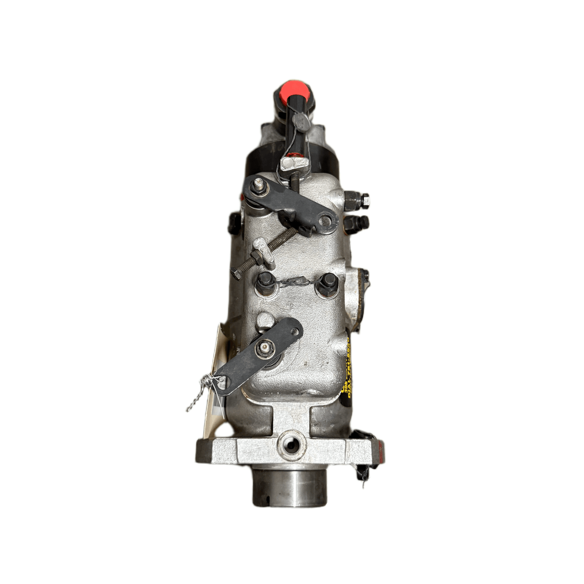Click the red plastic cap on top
(x=293, y=91)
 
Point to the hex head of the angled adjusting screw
(x=237, y=274)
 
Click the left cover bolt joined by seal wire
(x=266, y=281)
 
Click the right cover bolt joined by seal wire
(x=328, y=282)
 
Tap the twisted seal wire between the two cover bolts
(x=297, y=281)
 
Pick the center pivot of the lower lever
(x=264, y=350)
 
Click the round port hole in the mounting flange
(x=291, y=444)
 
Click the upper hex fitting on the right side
(x=357, y=200)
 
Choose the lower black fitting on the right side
(x=357, y=223)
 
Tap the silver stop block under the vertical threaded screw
(x=295, y=164)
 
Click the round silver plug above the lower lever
(x=265, y=321)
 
